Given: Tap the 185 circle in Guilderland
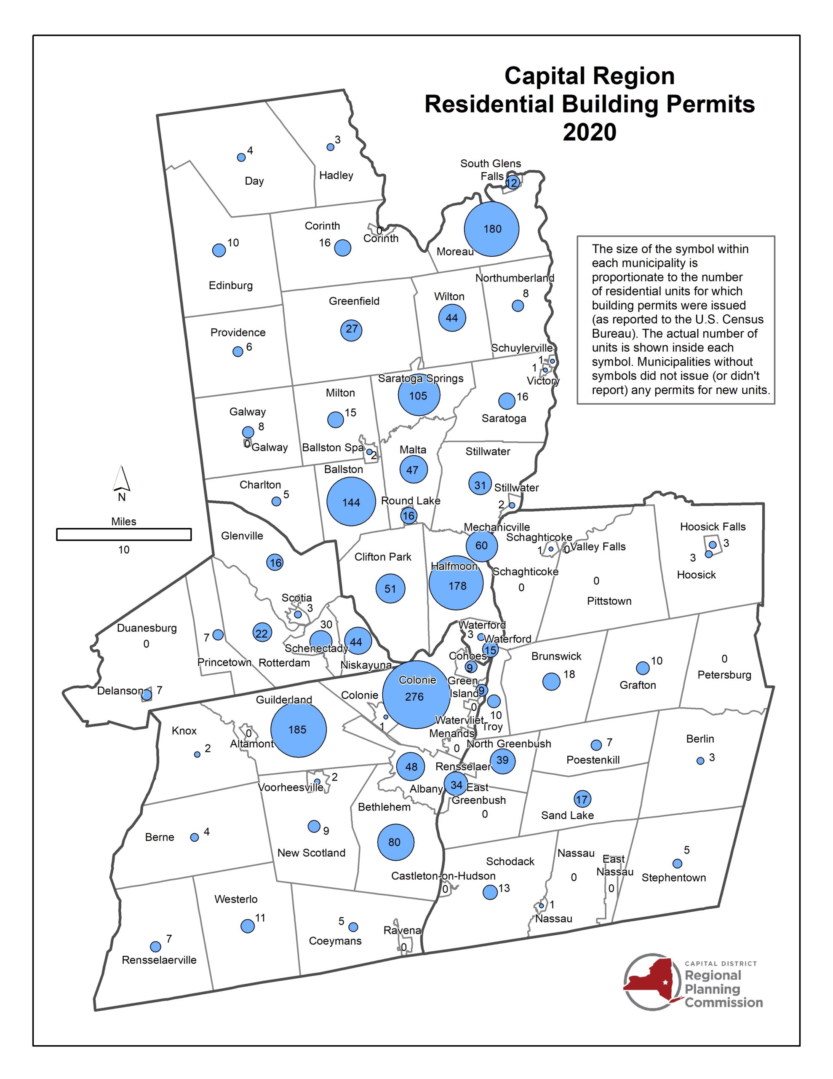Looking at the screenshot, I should [x=298, y=730].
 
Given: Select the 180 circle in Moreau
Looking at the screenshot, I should [x=491, y=229].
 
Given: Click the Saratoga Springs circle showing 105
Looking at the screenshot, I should [x=419, y=395].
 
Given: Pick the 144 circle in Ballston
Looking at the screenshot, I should [x=351, y=502].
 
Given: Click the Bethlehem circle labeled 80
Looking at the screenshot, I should [x=395, y=842].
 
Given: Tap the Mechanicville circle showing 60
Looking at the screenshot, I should [x=481, y=545].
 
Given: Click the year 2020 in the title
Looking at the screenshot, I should [x=589, y=132].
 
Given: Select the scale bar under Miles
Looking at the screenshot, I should [x=123, y=534].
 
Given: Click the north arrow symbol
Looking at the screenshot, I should [x=121, y=479].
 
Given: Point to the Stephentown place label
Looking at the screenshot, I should [x=673, y=878].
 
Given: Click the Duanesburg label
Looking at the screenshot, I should [x=147, y=628].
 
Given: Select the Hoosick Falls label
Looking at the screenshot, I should [x=712, y=527].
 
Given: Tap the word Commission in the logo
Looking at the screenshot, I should [x=724, y=1002].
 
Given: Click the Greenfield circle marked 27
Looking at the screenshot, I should [x=351, y=330].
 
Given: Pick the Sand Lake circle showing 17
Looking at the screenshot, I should [x=582, y=799].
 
